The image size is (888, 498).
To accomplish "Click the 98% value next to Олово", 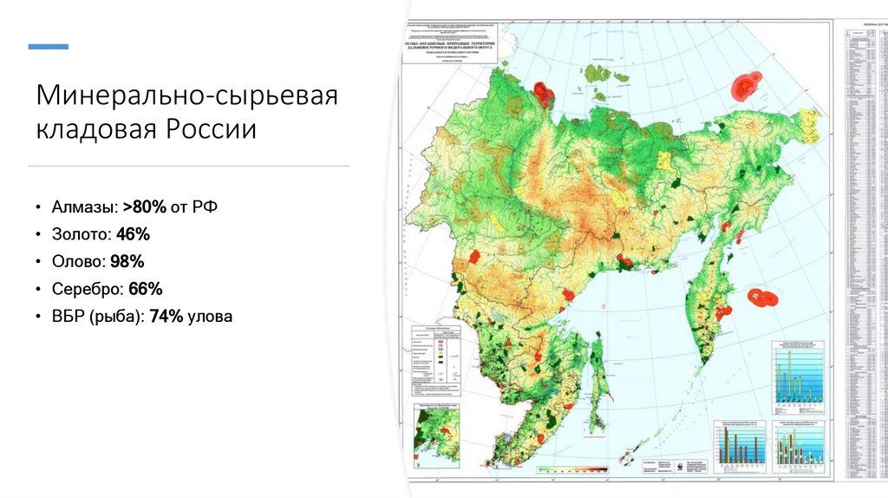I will pyautogui.click(x=127, y=261).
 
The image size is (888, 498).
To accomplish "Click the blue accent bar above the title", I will pyautogui.click(x=49, y=45).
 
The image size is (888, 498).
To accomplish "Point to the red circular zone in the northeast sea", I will pyautogui.click(x=745, y=85).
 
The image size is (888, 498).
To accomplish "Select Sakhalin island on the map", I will pyautogui.click(x=598, y=382).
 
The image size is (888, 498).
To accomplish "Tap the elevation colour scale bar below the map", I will pyautogui.click(x=572, y=469).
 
